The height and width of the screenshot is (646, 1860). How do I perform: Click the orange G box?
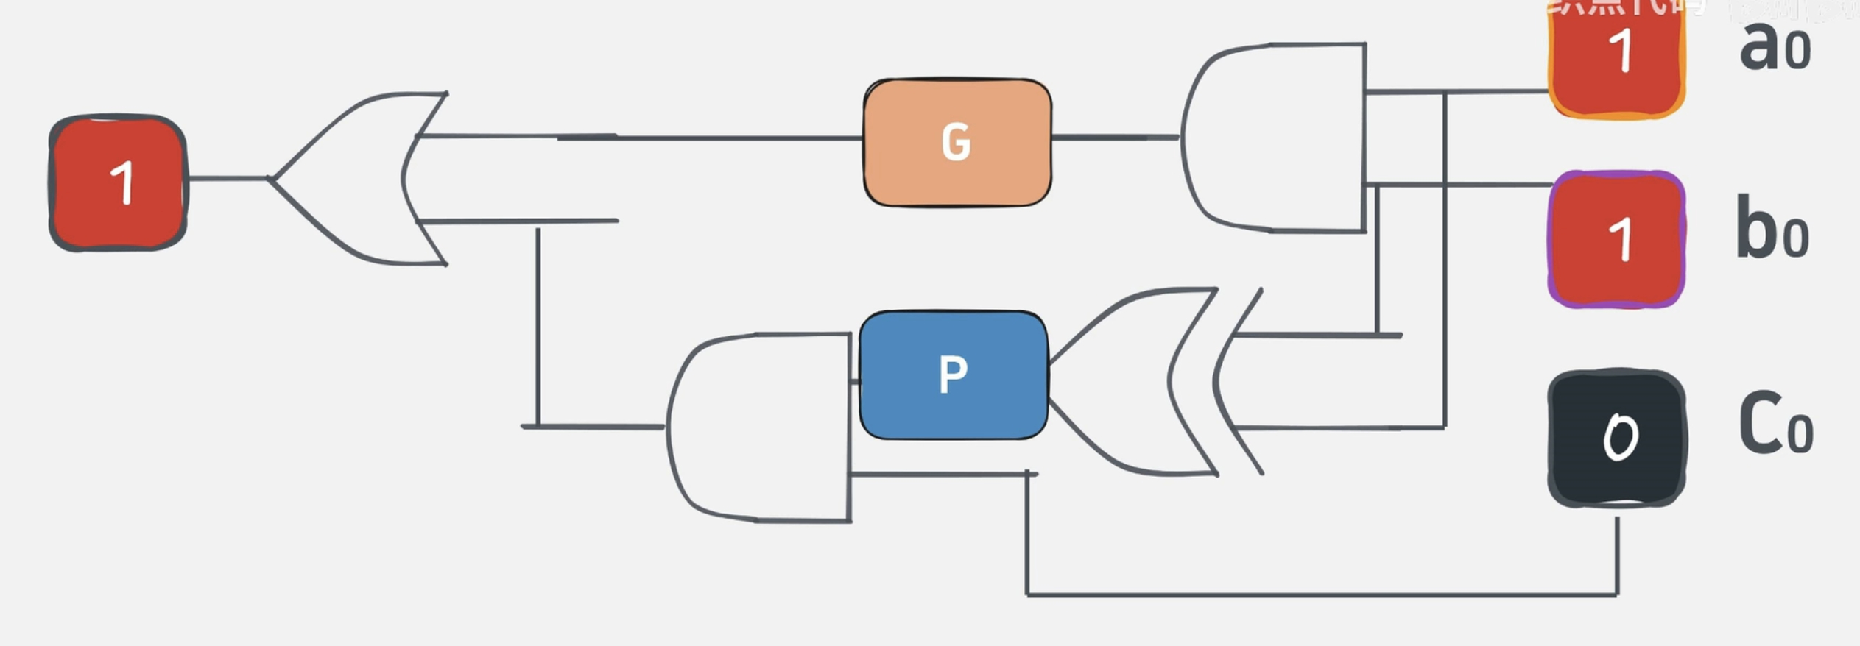[957, 142]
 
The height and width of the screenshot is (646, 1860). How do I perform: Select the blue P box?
[953, 375]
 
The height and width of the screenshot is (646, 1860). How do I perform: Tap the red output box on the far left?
[118, 182]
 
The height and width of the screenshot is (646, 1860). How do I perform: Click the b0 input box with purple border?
[1616, 239]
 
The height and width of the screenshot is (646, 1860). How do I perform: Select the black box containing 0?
[1616, 438]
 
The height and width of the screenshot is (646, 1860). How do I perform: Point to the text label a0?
[1775, 48]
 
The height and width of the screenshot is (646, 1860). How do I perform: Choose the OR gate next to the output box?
[353, 178]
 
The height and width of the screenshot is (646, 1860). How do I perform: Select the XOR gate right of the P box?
[1134, 381]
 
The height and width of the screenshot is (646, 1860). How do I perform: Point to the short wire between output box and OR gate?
[227, 178]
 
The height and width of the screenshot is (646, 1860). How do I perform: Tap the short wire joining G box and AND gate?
[1116, 137]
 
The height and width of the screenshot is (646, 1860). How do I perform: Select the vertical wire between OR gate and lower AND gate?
[538, 324]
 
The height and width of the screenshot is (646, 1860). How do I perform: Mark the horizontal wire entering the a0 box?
[1495, 92]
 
